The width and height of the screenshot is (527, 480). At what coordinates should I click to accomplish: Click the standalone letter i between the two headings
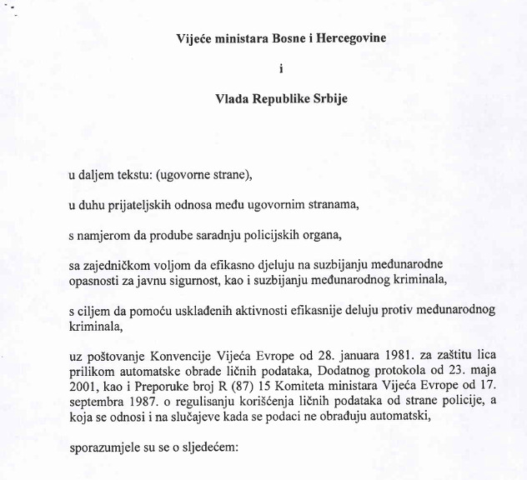[x=280, y=67]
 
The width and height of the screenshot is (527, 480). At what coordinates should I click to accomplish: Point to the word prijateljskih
[x=150, y=205]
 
